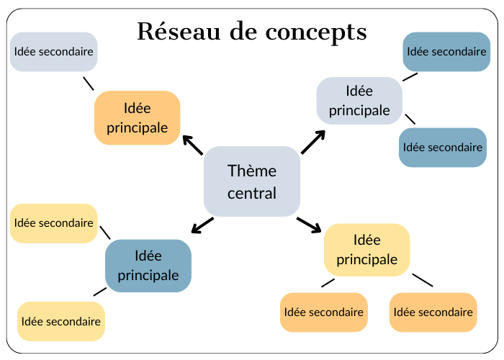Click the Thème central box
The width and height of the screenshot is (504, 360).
coord(251,181)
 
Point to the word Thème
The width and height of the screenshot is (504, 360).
coord(251,171)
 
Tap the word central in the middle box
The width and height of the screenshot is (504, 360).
coord(251,193)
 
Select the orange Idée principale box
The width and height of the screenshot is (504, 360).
coord(137,117)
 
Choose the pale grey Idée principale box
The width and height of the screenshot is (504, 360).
coord(359,100)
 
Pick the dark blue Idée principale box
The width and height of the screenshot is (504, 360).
coord(148,266)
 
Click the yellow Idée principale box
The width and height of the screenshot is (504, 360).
coord(366,249)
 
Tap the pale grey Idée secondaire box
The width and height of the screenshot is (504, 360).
coord(53,52)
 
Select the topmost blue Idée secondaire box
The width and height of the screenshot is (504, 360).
coord(446,52)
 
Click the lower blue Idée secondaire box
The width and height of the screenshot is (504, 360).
coord(442,148)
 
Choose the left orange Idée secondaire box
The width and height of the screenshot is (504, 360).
coord(323,312)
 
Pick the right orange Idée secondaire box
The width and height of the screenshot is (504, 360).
coord(433,312)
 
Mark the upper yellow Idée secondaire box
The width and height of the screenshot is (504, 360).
coord(53,223)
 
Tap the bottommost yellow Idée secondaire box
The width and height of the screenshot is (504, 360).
coord(60,321)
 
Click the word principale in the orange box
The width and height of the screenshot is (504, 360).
coord(137,127)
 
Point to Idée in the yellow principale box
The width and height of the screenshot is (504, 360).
coord(366,240)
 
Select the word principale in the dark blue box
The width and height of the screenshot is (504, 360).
coord(148,275)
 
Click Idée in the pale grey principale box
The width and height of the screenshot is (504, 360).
coord(359,91)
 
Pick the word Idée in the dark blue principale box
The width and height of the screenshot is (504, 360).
coord(148,256)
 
